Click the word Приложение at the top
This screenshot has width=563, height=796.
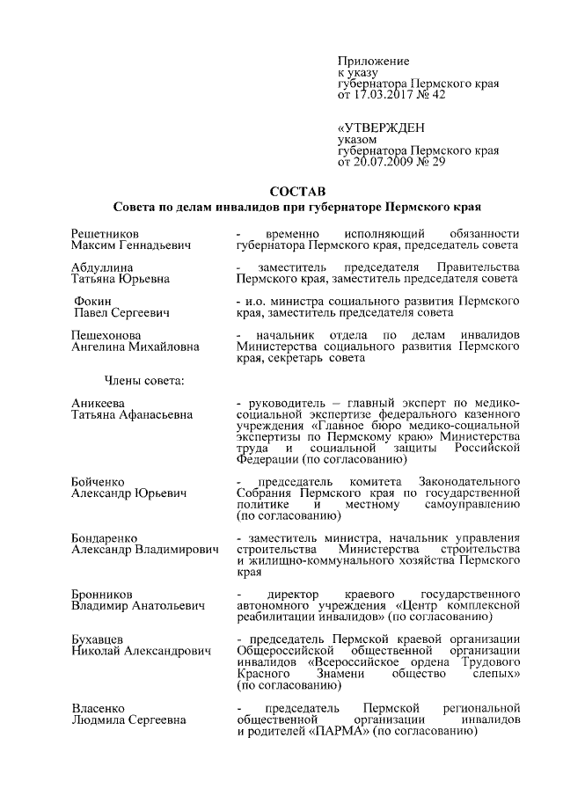pyautogui.click(x=374, y=61)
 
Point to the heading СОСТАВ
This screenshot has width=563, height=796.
pyautogui.click(x=296, y=192)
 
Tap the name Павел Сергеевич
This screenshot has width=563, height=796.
pyautogui.click(x=122, y=312)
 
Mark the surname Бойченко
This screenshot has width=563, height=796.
pyautogui.click(x=98, y=482)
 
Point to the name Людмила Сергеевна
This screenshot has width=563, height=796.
pyautogui.click(x=128, y=719)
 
